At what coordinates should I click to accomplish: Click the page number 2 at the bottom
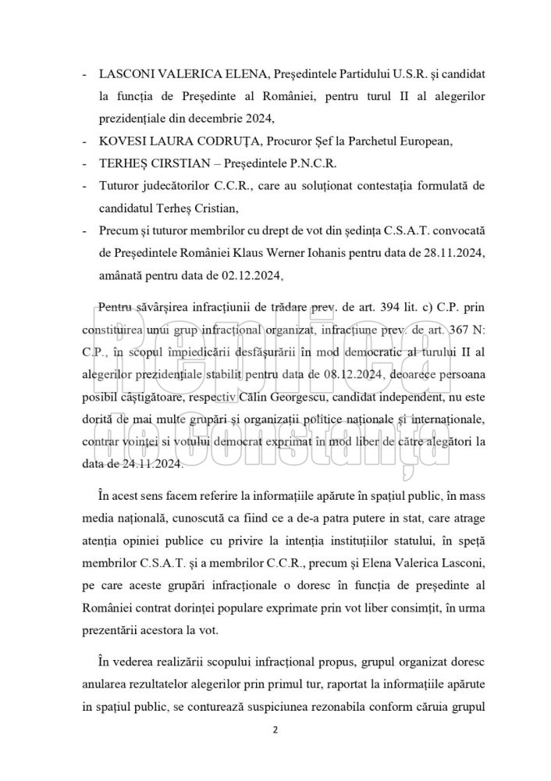click(x=275, y=731)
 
